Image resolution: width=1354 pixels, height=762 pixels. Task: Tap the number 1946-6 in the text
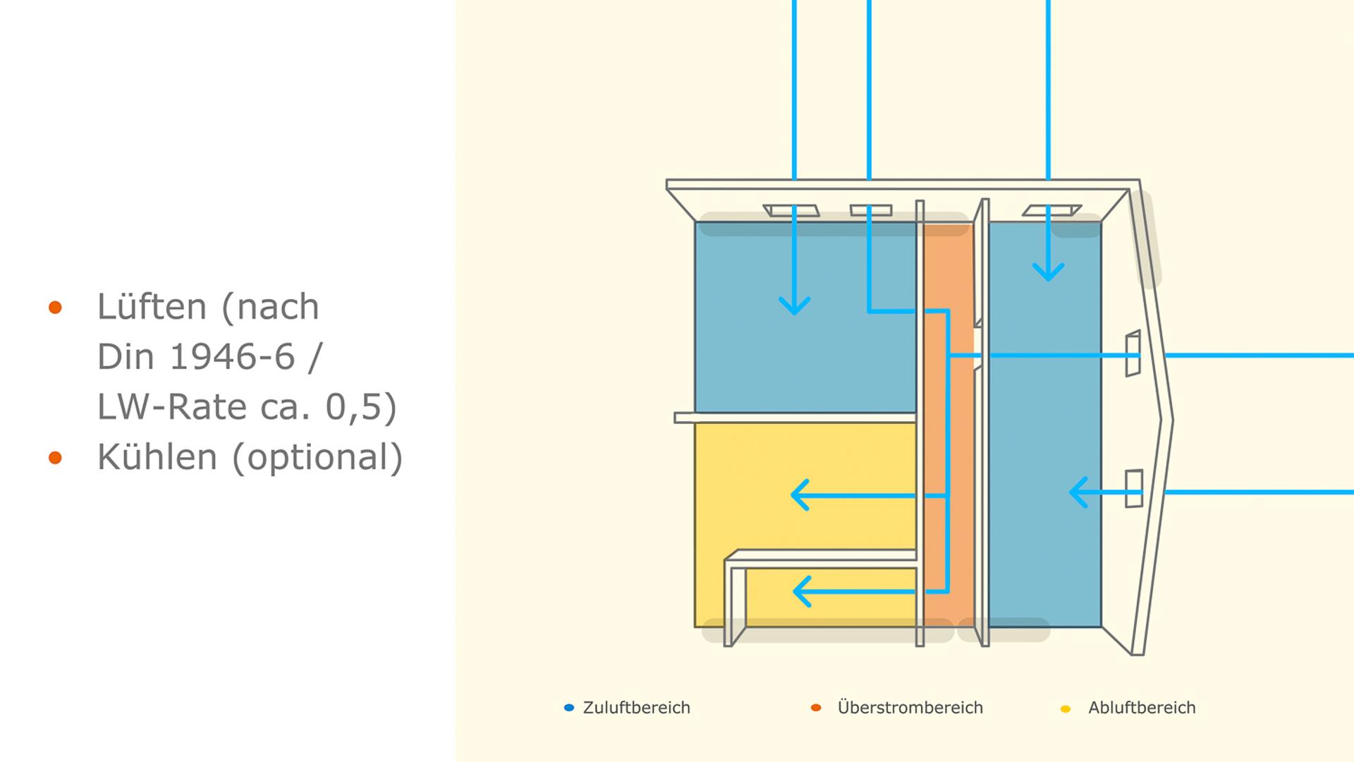[232, 356]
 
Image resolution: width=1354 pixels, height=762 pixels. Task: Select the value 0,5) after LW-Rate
[361, 407]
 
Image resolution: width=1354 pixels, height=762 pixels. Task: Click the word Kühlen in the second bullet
[157, 456]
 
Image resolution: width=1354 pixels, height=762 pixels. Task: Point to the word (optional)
[317, 457]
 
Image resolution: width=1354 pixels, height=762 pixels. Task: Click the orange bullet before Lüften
[55, 307]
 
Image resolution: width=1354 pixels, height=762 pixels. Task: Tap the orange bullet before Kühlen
[55, 458]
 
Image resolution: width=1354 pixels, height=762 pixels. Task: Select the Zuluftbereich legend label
[636, 708]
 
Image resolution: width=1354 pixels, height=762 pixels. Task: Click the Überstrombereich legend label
[910, 708]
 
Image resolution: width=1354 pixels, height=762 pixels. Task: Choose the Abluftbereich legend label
[1142, 708]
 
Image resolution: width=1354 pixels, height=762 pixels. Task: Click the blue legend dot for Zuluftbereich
[569, 708]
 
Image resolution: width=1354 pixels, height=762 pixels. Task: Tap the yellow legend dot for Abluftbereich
[1066, 708]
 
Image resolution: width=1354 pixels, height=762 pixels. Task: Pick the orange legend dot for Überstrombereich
[816, 708]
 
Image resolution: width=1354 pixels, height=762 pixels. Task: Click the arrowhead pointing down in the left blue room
[795, 306]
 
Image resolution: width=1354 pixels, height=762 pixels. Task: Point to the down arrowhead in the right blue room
[1049, 272]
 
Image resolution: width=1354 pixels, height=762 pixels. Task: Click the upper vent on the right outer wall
[1133, 353]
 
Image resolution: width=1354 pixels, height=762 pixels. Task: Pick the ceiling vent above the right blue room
[1052, 210]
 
